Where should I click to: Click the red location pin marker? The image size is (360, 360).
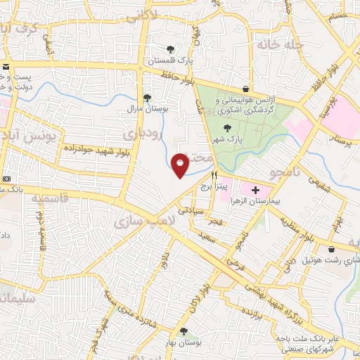pos(180,165)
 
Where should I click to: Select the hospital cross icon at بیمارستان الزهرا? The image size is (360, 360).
pos(255,190)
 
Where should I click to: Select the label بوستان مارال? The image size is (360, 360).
pos(146,110)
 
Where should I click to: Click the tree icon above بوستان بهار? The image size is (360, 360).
pos(184,330)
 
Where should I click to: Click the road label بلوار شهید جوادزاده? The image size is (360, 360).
pos(91,148)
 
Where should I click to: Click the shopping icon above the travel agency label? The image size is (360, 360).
pos(245,89)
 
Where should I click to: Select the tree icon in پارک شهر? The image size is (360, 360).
pos(226,127)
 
